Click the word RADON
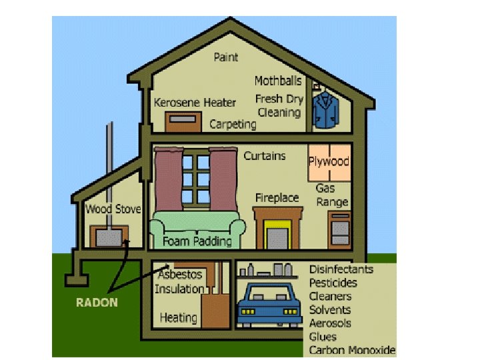[x=97, y=303]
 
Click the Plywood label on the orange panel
[x=329, y=161]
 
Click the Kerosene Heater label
[x=195, y=103]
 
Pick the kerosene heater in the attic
[x=183, y=122]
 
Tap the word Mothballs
[x=278, y=81]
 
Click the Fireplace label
[x=277, y=198]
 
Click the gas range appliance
[x=339, y=229]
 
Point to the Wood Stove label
[x=113, y=209]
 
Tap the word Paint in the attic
[x=225, y=57]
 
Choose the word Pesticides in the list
[x=333, y=283]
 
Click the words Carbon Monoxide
[x=352, y=350]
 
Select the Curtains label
[x=265, y=156]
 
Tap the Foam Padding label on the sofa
[x=197, y=241]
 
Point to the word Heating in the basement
[x=178, y=317]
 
